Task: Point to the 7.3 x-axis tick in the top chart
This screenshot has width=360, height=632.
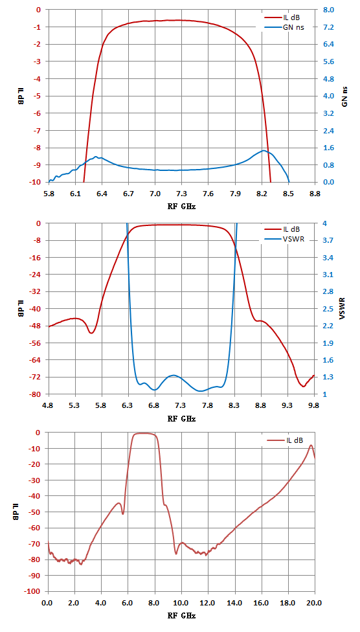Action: [x=181, y=193]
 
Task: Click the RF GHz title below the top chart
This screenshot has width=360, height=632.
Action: [x=181, y=205]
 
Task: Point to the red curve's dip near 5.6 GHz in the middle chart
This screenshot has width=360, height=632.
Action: [x=91, y=333]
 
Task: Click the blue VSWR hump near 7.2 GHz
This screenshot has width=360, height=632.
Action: [x=174, y=376]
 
